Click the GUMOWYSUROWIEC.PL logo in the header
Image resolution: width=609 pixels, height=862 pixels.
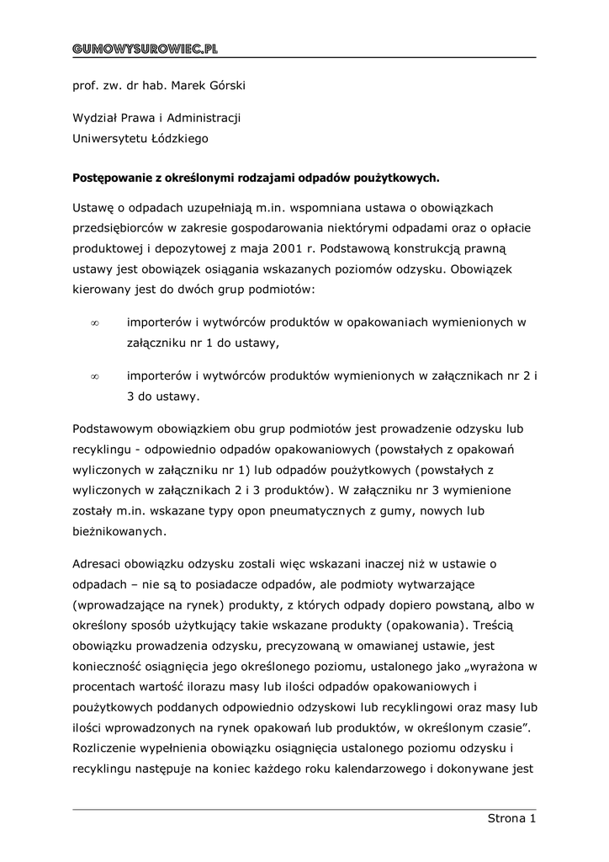145,49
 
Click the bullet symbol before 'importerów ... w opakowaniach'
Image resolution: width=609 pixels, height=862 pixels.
95,322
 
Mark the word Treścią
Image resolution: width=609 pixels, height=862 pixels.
500,625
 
